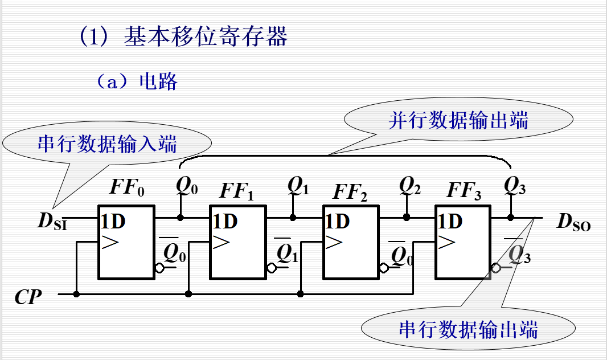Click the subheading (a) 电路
point(136,81)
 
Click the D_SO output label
point(573,222)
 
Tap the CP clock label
point(28,297)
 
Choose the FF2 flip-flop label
point(350,192)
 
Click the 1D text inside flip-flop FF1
point(225,221)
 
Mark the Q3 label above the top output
point(515,185)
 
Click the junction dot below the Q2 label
point(406,217)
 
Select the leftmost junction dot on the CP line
point(76,294)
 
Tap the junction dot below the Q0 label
point(181,217)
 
